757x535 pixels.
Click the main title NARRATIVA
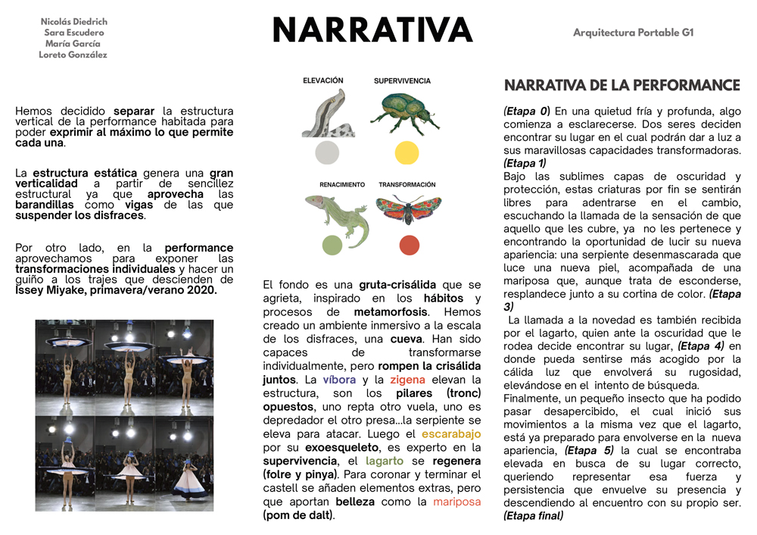coord(372,31)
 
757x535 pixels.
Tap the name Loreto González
coord(73,55)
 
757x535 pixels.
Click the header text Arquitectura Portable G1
coord(633,33)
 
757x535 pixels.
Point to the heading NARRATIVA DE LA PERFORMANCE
coord(621,85)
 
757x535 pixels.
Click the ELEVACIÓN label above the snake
coord(323,80)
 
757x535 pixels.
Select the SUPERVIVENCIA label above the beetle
coord(402,80)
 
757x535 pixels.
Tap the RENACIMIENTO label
coord(331,185)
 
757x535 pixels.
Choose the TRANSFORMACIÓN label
coord(407,185)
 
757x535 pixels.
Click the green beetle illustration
coord(405,112)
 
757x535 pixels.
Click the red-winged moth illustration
coord(408,211)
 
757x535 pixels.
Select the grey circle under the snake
coord(326,153)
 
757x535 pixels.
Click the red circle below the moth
coord(409,246)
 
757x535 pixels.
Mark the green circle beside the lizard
coord(332,245)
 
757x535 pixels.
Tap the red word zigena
coord(408,379)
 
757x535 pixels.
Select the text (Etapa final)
coord(533,516)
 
